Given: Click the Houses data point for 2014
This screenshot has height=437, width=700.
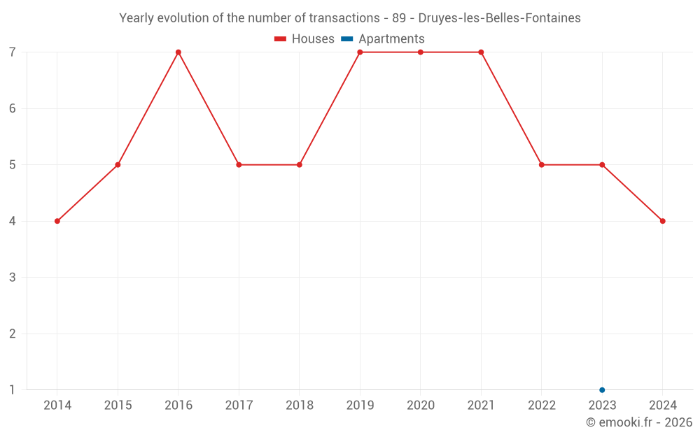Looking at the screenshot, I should coord(57,221).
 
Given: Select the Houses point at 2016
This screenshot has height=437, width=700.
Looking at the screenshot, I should coord(178,52).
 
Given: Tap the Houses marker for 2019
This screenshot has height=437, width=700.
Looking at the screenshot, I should coord(360,52).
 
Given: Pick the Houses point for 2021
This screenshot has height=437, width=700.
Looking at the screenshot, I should coord(481,52).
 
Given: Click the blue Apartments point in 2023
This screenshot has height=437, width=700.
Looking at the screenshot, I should coord(602,390).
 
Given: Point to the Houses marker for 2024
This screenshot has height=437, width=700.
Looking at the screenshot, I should coord(662,221).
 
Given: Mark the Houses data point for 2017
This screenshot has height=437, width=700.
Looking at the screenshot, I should coord(239,165).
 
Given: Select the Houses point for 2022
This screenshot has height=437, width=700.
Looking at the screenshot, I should coord(541,165).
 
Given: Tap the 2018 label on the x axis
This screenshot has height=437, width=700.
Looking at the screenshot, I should coord(300,406).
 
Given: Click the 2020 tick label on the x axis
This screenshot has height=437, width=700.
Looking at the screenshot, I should coord(421,406).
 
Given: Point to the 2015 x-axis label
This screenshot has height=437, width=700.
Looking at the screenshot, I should coord(118,406).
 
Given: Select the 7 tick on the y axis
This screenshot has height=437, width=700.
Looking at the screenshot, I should coord(13,52).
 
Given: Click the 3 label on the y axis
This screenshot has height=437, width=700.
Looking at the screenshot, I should coord(13,278).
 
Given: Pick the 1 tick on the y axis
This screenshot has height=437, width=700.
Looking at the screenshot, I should coord(13,390).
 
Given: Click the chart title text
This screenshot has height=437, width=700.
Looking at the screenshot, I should coord(350,18).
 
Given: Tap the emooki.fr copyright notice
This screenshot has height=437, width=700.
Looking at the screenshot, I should coord(638,422).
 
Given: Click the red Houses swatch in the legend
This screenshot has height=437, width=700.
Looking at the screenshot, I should coord(281,39).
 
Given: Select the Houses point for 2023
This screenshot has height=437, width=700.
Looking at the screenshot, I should coord(602,165).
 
